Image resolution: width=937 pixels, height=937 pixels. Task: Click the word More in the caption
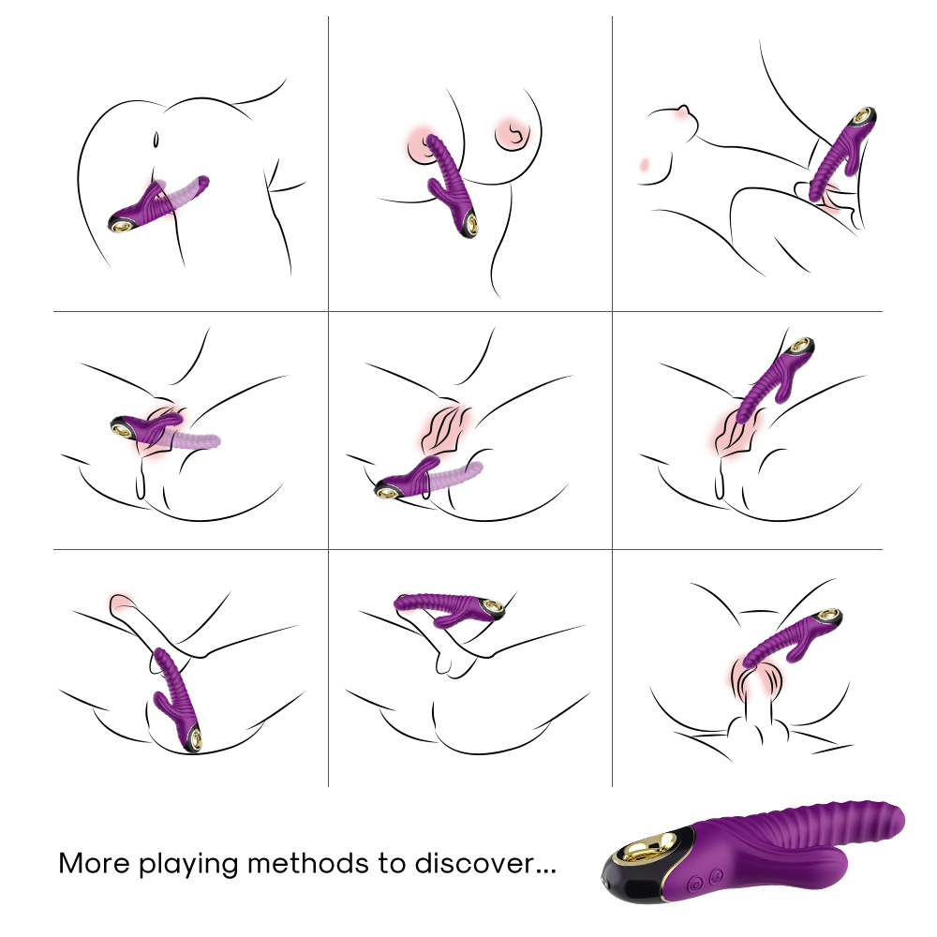tap(95, 864)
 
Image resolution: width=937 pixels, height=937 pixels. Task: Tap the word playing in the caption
tap(189, 865)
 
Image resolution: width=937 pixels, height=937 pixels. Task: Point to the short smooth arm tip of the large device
tap(834, 860)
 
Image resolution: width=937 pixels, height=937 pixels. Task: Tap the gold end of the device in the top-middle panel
tap(472, 224)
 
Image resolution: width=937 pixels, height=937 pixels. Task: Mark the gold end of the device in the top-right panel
tap(864, 115)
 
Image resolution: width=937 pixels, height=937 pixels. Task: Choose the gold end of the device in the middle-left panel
tap(124, 428)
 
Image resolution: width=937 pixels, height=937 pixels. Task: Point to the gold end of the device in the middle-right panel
tap(800, 345)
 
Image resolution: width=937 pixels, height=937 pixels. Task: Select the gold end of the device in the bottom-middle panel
tap(493, 607)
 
